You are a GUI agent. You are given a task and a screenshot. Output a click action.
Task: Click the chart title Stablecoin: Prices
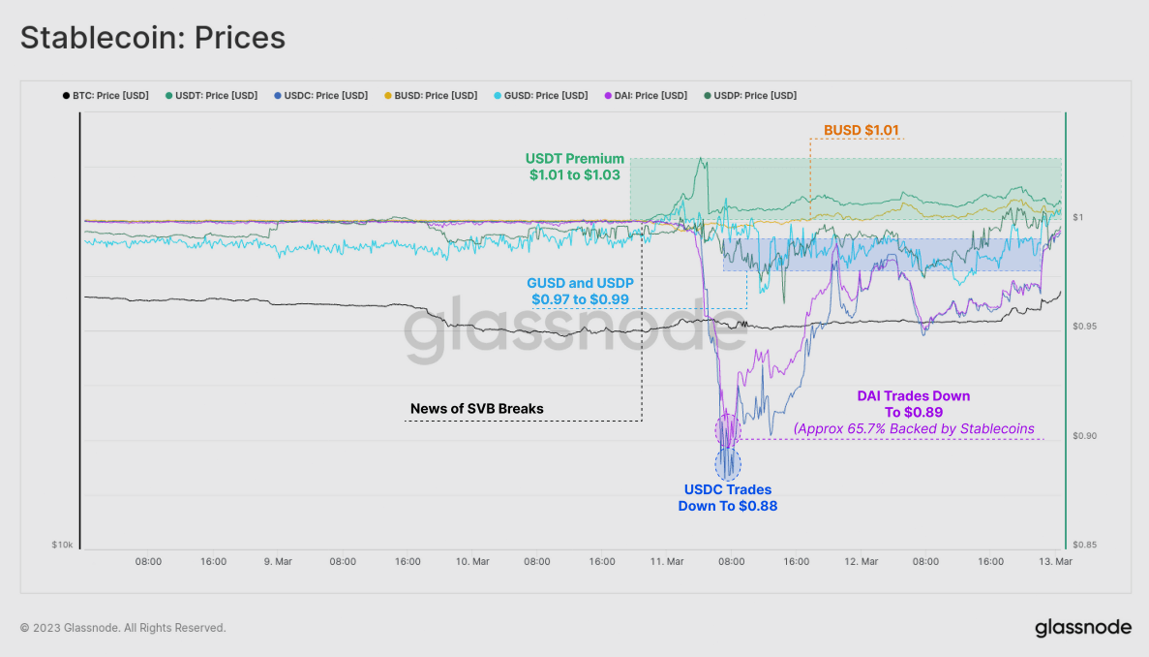(152, 37)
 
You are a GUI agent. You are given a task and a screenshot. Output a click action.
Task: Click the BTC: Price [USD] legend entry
(106, 96)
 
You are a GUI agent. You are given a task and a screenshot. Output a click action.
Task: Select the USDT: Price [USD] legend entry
(211, 96)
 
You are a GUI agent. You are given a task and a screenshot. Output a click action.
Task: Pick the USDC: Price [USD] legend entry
(321, 96)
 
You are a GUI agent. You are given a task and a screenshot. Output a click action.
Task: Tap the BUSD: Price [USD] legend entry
(431, 96)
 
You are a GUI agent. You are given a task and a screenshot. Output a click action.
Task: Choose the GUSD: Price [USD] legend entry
(541, 96)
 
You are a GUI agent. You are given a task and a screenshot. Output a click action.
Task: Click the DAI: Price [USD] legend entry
(646, 96)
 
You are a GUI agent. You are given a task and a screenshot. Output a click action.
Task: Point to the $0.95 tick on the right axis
(1086, 327)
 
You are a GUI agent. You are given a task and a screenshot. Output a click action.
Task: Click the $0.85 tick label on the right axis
(1086, 545)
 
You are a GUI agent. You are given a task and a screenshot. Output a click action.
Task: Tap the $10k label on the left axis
(62, 546)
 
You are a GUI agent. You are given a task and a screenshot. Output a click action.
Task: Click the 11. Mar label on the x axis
(667, 561)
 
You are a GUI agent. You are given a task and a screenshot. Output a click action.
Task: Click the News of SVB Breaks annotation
(476, 409)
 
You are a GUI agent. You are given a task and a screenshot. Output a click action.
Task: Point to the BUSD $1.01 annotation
(862, 130)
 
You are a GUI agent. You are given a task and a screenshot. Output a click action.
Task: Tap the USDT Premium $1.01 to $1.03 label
(575, 167)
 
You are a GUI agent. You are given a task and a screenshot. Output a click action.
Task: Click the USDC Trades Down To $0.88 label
(727, 498)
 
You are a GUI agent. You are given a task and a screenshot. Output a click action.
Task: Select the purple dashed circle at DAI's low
(727, 428)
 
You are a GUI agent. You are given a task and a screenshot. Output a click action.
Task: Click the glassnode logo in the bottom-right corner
(1082, 627)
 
